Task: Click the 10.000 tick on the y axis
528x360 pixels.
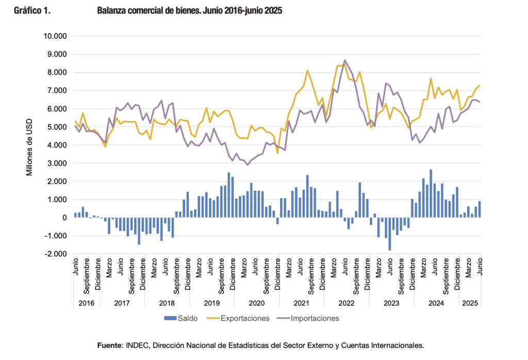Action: pos(55,36)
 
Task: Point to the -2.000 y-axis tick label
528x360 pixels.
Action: pos(55,254)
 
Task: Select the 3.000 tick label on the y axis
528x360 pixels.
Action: pos(57,163)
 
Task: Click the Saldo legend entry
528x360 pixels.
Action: pos(186,318)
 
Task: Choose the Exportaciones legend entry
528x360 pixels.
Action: pos(244,318)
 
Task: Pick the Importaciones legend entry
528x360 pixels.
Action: pos(315,318)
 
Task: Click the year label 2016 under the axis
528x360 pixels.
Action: pos(86,303)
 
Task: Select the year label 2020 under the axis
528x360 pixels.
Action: pos(257,303)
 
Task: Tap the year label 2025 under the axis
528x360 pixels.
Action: pos(470,303)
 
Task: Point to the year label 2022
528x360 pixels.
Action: pos(347,303)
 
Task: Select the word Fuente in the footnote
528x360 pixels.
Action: pos(110,345)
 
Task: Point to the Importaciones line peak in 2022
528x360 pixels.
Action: pos(345,60)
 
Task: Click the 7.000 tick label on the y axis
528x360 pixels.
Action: pos(57,91)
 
